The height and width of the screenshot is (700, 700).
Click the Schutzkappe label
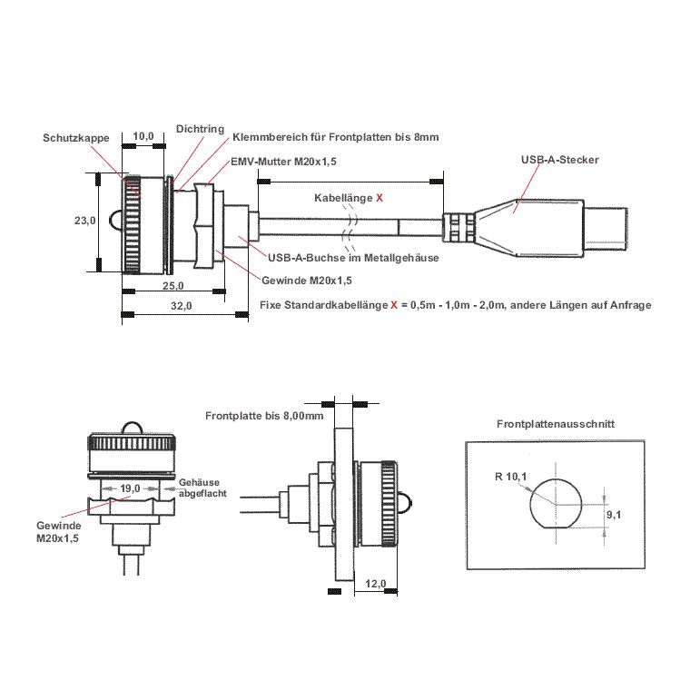76,138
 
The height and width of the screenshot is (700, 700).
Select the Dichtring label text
200,129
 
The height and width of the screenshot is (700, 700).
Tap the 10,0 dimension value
143,136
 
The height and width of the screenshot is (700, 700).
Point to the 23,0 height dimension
84,221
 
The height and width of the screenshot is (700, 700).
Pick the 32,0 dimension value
182,306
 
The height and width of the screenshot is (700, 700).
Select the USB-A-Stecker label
560,159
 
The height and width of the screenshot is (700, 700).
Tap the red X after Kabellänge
379,197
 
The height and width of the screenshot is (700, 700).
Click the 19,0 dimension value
130,488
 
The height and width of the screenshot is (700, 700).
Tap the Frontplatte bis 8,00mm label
264,416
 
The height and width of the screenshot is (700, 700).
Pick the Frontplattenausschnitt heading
556,423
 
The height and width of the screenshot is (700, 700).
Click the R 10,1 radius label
511,476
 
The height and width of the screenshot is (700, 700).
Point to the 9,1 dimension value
613,515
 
